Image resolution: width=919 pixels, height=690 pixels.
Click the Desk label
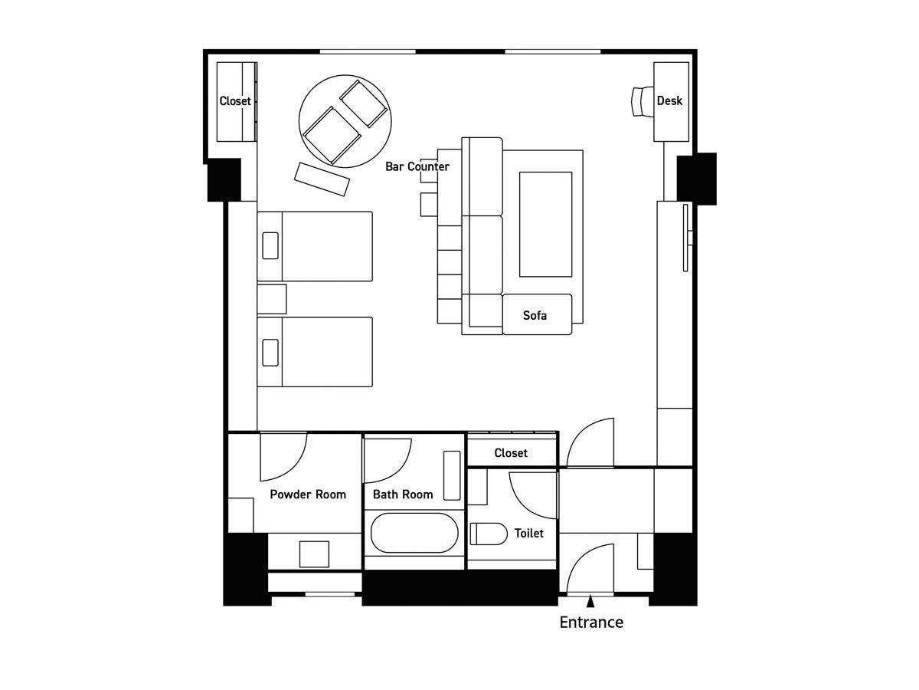click(669, 100)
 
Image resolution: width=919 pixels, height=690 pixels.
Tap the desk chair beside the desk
click(643, 101)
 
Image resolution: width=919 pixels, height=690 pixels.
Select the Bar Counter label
click(417, 166)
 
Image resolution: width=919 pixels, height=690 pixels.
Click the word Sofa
click(535, 315)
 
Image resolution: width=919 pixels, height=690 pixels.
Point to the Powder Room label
click(308, 495)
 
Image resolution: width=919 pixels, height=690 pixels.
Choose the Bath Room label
click(403, 495)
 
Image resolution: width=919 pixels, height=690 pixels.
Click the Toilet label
click(528, 534)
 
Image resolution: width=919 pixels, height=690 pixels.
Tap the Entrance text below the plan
click(591, 622)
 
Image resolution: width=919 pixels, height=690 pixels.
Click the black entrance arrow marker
click(590, 602)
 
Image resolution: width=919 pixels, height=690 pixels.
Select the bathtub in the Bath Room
click(414, 533)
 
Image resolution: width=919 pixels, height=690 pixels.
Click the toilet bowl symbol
click(489, 534)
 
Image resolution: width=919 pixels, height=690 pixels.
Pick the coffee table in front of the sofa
click(545, 224)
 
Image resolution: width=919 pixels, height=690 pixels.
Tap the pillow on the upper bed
click(270, 245)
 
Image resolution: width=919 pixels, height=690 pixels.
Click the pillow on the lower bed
click(270, 353)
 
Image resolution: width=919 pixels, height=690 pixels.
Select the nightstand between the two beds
click(272, 299)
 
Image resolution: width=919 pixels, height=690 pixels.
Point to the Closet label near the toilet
click(510, 453)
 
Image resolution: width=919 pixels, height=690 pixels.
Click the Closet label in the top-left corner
click(235, 101)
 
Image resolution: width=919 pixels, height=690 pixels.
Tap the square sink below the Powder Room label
click(314, 554)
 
